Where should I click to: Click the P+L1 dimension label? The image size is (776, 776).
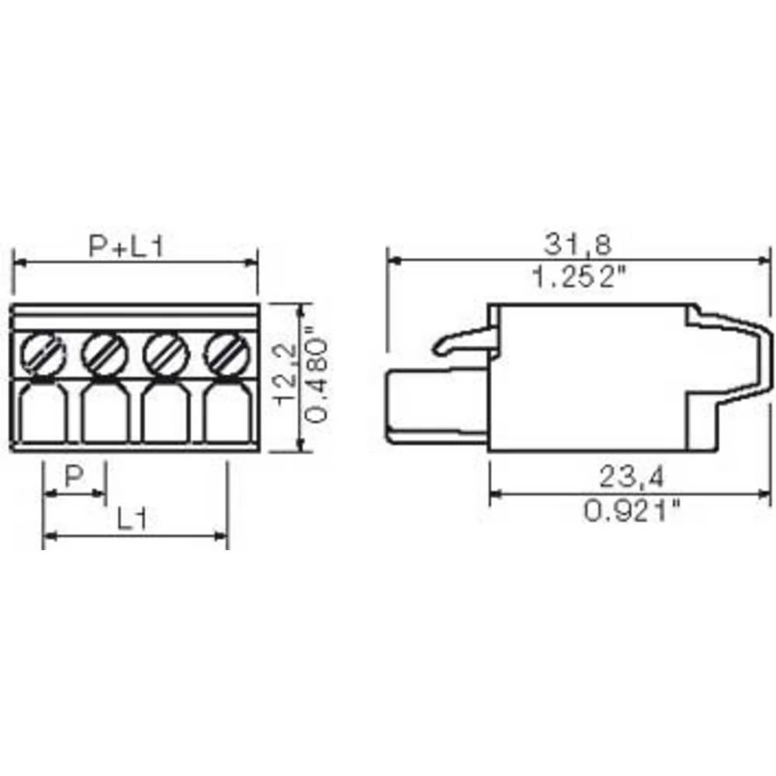(x=125, y=247)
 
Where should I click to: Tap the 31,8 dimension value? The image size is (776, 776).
(x=577, y=245)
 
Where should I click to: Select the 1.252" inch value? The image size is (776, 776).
(x=577, y=276)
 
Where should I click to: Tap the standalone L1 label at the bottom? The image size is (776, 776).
(x=133, y=518)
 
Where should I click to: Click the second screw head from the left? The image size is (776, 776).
(x=104, y=354)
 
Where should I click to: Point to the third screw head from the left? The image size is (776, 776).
(x=166, y=354)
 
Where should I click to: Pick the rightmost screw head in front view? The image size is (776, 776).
(x=226, y=354)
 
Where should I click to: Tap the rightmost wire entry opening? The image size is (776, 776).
(x=227, y=414)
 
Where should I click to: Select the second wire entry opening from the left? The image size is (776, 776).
(x=104, y=414)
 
